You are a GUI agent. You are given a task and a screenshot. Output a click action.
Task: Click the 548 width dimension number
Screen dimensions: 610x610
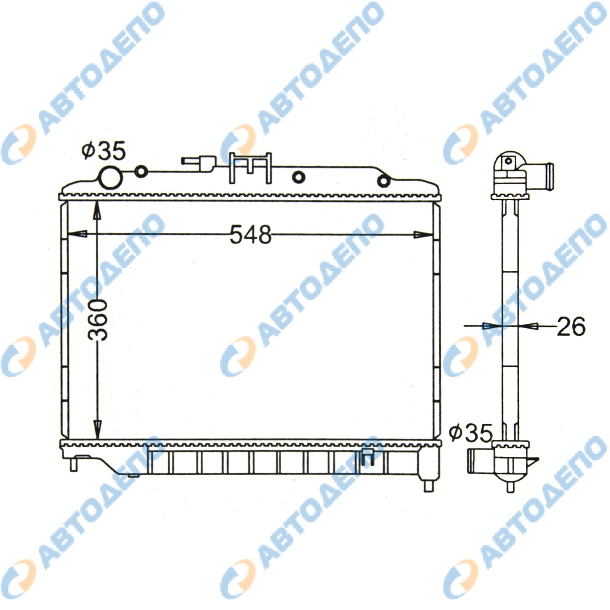tap(250, 235)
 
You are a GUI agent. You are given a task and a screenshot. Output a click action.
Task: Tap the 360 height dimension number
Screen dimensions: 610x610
tap(97, 320)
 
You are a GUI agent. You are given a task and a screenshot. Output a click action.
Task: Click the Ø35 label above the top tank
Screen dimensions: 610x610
tap(104, 151)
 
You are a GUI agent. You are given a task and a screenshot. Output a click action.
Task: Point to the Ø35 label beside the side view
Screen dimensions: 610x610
tap(471, 432)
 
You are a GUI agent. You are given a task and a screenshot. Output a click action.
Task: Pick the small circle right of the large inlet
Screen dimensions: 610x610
tap(141, 171)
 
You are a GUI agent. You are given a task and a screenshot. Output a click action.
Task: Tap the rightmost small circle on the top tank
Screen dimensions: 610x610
tap(384, 181)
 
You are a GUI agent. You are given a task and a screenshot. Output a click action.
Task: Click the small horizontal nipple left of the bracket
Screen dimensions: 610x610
tap(199, 163)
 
